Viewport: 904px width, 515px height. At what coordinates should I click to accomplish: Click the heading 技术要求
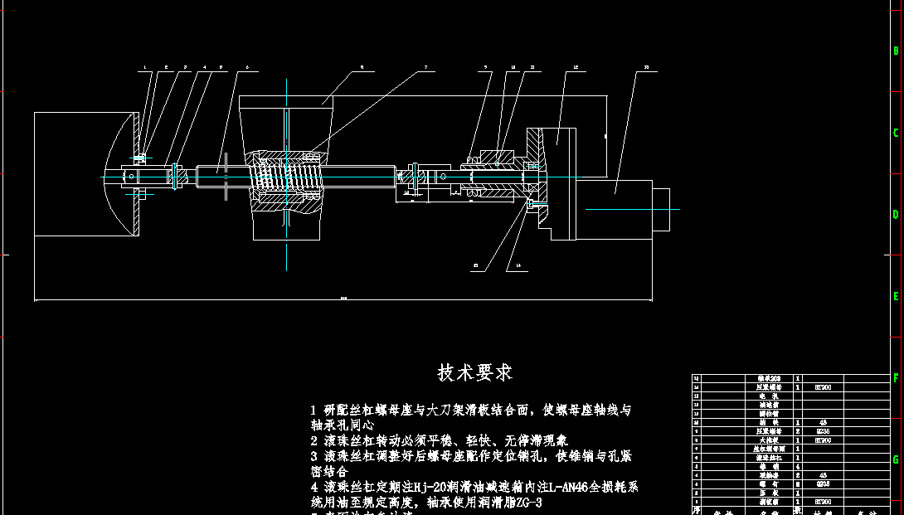pos(475,372)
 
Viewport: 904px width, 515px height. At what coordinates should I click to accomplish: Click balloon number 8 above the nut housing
pos(362,67)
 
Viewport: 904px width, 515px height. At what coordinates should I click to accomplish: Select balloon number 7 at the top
pos(425,67)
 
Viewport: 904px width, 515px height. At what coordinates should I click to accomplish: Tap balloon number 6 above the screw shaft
pos(246,67)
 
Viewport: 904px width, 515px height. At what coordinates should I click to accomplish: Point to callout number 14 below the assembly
pos(518,266)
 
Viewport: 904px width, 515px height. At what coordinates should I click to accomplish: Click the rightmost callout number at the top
pos(646,67)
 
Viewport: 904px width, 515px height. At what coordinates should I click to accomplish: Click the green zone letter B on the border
pos(896,51)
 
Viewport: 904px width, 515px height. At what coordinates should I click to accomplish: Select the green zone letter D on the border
pos(896,214)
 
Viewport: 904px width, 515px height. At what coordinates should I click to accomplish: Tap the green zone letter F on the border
pos(896,377)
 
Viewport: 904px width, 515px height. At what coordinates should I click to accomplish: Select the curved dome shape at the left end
pos(123,174)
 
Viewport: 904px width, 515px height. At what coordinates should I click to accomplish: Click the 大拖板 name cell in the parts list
pos(769,440)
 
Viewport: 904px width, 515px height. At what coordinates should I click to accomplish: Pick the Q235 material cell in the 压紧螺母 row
pos(823,431)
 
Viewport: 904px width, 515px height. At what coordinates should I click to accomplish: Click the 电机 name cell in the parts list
pos(769,396)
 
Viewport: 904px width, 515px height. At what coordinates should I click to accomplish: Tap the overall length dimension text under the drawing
pos(343,296)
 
